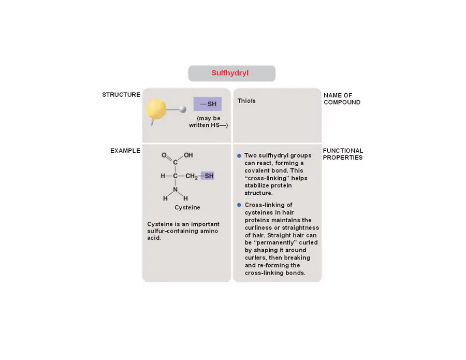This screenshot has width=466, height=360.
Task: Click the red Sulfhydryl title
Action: click(x=230, y=73)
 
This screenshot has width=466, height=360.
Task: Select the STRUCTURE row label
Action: click(x=121, y=95)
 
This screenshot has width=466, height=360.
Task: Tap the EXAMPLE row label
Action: click(x=125, y=151)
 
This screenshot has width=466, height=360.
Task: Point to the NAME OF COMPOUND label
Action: click(x=342, y=99)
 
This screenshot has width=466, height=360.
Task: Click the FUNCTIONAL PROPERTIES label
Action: click(x=343, y=154)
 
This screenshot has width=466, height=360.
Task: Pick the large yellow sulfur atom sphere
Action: click(x=156, y=109)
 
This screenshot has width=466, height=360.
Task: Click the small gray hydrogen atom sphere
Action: click(x=183, y=109)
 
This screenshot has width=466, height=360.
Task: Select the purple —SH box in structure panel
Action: click(x=208, y=104)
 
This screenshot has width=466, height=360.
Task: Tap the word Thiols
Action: click(x=246, y=101)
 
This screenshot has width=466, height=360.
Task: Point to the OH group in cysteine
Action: click(x=188, y=155)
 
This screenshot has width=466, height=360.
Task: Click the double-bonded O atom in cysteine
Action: click(x=164, y=155)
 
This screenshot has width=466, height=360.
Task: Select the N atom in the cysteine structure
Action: click(x=176, y=190)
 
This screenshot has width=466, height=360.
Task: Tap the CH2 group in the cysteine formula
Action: click(x=192, y=176)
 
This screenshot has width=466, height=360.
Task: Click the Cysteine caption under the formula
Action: click(x=187, y=208)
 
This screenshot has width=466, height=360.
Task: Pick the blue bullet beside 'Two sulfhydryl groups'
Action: click(x=239, y=156)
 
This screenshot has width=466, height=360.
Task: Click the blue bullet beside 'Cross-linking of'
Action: click(x=239, y=205)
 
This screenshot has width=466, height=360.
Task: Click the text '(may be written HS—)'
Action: click(x=208, y=122)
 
